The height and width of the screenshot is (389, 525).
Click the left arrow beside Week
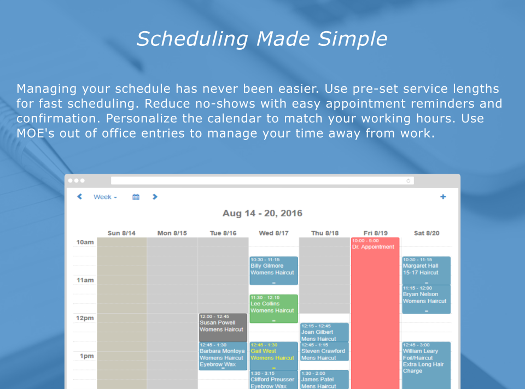[x=79, y=197]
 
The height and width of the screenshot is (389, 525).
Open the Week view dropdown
[x=105, y=197]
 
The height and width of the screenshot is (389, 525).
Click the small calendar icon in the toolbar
[x=136, y=197]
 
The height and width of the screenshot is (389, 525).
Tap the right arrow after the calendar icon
[x=155, y=197]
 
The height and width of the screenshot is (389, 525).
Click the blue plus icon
[x=443, y=197]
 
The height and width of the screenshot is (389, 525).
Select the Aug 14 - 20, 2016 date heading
[x=262, y=213]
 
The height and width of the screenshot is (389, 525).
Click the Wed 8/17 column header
[x=273, y=233]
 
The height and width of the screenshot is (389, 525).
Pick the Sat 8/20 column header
[x=427, y=233]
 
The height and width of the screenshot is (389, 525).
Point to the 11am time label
[x=85, y=280]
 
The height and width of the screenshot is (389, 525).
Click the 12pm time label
[x=85, y=318]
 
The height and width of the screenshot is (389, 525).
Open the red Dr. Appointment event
[x=375, y=313]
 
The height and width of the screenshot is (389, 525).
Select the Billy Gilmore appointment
[x=273, y=270]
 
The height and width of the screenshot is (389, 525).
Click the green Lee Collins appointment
[x=273, y=308]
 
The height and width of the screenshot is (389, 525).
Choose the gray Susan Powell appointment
[x=223, y=327]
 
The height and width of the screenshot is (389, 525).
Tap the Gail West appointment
[x=273, y=356]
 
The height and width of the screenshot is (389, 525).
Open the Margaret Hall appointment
[x=426, y=270]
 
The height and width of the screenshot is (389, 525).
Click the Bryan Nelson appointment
[x=426, y=299]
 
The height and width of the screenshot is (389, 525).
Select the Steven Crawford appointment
[x=324, y=351]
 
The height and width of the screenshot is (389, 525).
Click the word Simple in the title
[x=353, y=39]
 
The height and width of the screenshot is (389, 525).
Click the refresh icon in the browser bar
[x=408, y=181]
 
